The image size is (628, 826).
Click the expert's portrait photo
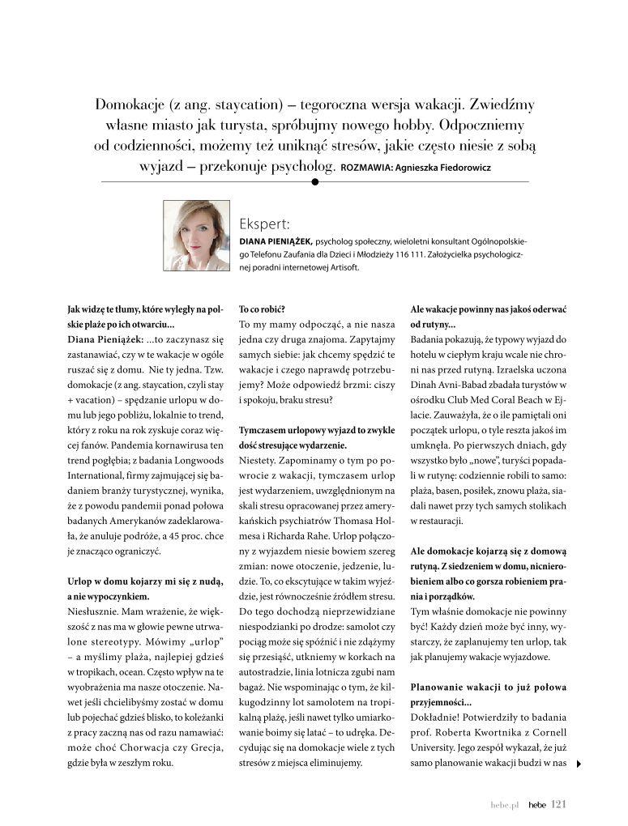[x=197, y=236]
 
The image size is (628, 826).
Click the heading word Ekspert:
[x=264, y=224]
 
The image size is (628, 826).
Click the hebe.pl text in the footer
[x=503, y=805]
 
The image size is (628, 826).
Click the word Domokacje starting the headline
[x=134, y=106]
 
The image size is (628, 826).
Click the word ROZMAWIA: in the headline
[x=369, y=169]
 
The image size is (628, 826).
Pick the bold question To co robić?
[x=263, y=309]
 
